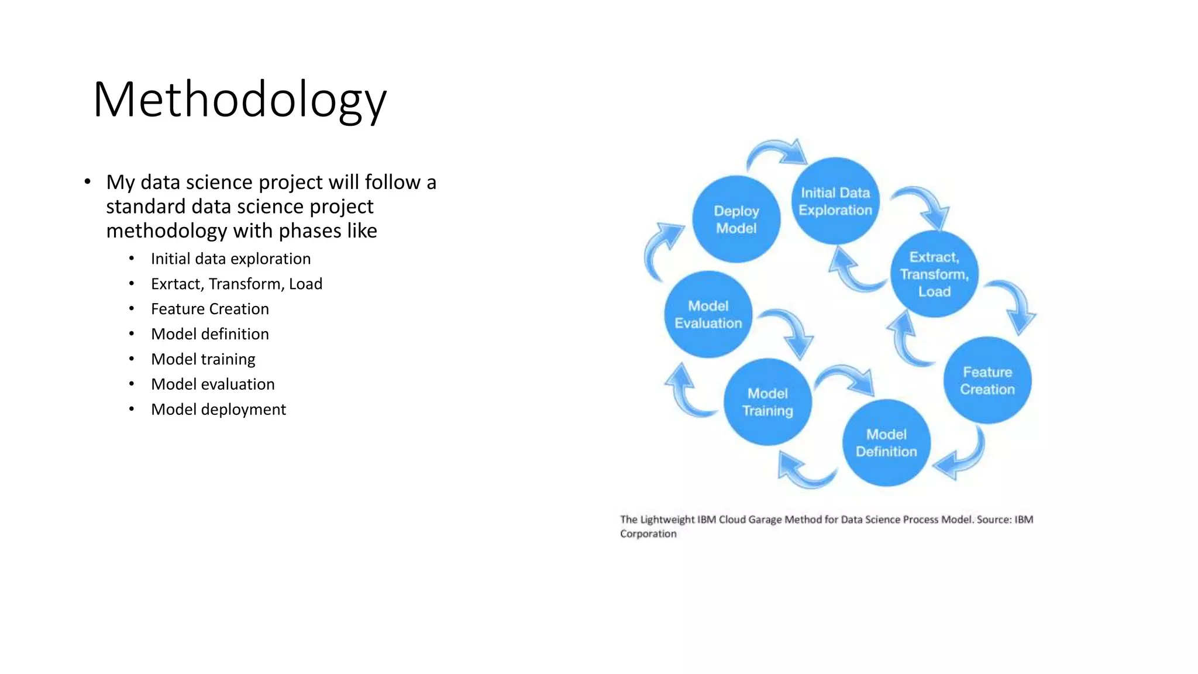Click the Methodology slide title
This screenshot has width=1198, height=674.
239,100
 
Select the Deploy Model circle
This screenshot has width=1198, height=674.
736,219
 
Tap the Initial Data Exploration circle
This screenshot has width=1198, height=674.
835,201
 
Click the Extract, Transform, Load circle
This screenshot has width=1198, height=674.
934,274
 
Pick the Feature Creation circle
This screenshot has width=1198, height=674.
987,380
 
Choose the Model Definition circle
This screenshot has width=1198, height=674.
886,443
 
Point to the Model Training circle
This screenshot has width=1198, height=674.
767,402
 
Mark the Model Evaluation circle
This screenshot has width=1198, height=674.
708,314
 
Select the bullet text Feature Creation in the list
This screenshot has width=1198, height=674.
209,309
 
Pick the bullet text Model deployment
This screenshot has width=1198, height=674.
218,410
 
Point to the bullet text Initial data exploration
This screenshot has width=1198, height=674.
230,259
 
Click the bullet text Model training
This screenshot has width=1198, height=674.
203,359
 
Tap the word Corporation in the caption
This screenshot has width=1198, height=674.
648,534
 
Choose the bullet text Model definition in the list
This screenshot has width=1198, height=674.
209,334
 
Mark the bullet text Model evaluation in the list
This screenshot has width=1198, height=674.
212,384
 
